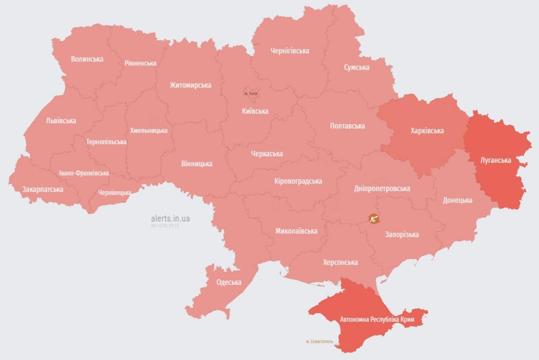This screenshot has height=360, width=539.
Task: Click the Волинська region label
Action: pyautogui.click(x=87, y=59)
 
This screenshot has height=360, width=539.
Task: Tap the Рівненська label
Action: pyautogui.click(x=140, y=63)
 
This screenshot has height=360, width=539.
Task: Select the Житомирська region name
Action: pyautogui.click(x=190, y=85)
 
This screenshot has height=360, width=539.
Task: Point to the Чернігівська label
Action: pyautogui.click(x=290, y=51)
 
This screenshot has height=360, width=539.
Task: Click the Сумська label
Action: pyautogui.click(x=357, y=67)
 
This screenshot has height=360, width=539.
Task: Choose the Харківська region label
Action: pyautogui.click(x=427, y=131)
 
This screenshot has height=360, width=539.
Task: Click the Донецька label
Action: pyautogui.click(x=457, y=200)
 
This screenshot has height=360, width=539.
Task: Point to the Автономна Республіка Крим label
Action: pyautogui.click(x=377, y=320)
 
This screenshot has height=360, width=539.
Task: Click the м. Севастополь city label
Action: pyautogui.click(x=319, y=342)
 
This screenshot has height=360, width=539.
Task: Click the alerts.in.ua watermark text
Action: pyautogui.click(x=171, y=218)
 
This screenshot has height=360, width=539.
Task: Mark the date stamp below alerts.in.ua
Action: pyautogui.click(x=165, y=226)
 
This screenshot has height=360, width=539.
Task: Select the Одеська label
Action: pyautogui.click(x=229, y=282)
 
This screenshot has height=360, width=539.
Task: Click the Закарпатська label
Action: pyautogui.click(x=43, y=189)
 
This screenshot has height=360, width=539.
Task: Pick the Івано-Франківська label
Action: pyautogui.click(x=84, y=173)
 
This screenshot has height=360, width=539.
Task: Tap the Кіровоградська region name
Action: pyautogui.click(x=298, y=181)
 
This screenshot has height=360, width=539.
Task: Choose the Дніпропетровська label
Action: pyautogui.click(x=382, y=188)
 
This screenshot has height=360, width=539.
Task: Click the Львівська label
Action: pyautogui.click(x=61, y=120)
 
